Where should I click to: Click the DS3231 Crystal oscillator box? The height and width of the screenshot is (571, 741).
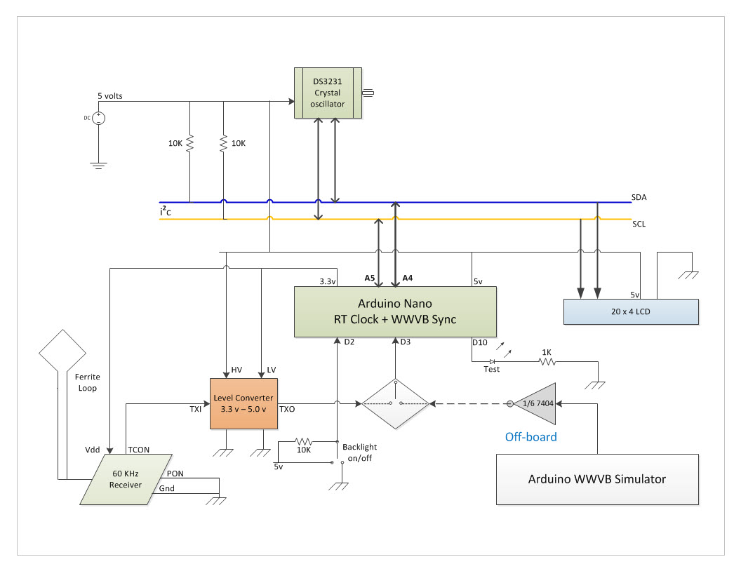[x=328, y=93]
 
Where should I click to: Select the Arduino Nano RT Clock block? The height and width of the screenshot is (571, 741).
[x=395, y=311]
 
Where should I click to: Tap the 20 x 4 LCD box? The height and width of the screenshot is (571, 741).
[x=631, y=311]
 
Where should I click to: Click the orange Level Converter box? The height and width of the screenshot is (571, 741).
[x=244, y=403]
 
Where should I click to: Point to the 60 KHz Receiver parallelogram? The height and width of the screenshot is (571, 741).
[x=126, y=479]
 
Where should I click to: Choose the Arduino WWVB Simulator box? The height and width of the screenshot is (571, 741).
[x=596, y=480]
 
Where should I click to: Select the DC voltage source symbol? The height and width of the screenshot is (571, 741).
[x=99, y=118]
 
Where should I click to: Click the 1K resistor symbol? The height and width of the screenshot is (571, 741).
[x=546, y=362]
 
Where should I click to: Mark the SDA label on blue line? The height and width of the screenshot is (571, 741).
[x=639, y=198]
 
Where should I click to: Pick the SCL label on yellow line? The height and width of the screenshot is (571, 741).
[x=639, y=224]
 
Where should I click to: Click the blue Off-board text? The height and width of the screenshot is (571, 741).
[x=530, y=437]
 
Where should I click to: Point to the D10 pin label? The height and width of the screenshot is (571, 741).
[x=479, y=343]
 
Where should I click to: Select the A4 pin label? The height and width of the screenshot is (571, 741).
[x=406, y=278]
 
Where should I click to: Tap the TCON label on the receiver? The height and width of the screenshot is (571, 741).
[x=139, y=449]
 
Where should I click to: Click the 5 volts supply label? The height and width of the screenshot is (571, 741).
[x=110, y=96]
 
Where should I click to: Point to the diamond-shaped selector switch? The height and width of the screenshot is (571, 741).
[x=395, y=404]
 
